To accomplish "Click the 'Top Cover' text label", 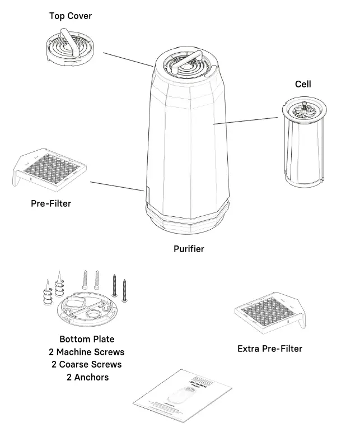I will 70,16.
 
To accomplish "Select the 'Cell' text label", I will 303,84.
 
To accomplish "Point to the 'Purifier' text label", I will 189,249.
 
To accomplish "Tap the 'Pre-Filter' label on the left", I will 51,203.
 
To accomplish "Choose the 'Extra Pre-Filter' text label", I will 270,349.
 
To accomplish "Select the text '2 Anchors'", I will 87,377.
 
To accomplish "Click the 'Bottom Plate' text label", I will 87,339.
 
